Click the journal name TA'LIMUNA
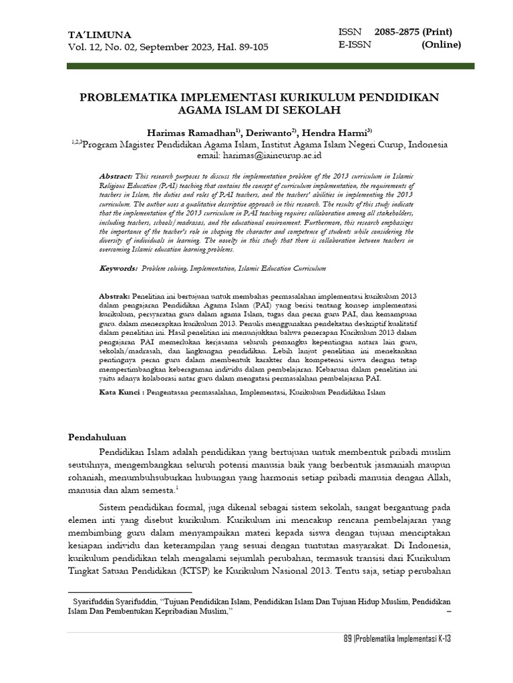(x=100, y=35)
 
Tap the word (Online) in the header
(x=441, y=45)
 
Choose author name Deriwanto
(x=272, y=132)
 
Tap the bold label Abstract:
(x=112, y=173)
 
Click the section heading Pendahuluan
(x=98, y=438)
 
